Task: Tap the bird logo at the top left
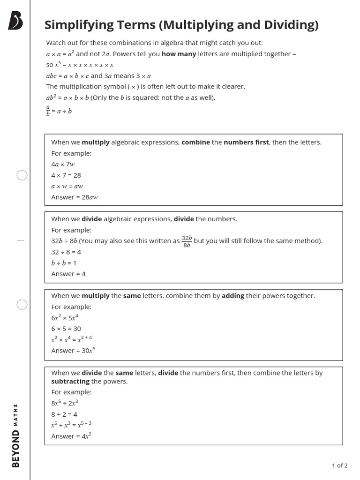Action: click(15, 22)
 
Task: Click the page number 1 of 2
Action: click(339, 465)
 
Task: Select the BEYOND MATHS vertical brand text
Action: click(16, 435)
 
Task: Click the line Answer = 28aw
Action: click(75, 197)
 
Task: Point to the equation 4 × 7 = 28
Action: click(66, 175)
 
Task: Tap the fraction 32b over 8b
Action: click(187, 241)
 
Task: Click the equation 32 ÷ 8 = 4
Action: click(66, 252)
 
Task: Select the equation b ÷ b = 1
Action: click(64, 263)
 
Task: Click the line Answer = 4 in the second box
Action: click(68, 274)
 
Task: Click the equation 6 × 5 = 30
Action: click(66, 329)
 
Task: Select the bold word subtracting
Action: click(70, 381)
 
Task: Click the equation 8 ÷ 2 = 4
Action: click(64, 414)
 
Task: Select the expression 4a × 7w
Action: click(63, 164)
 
